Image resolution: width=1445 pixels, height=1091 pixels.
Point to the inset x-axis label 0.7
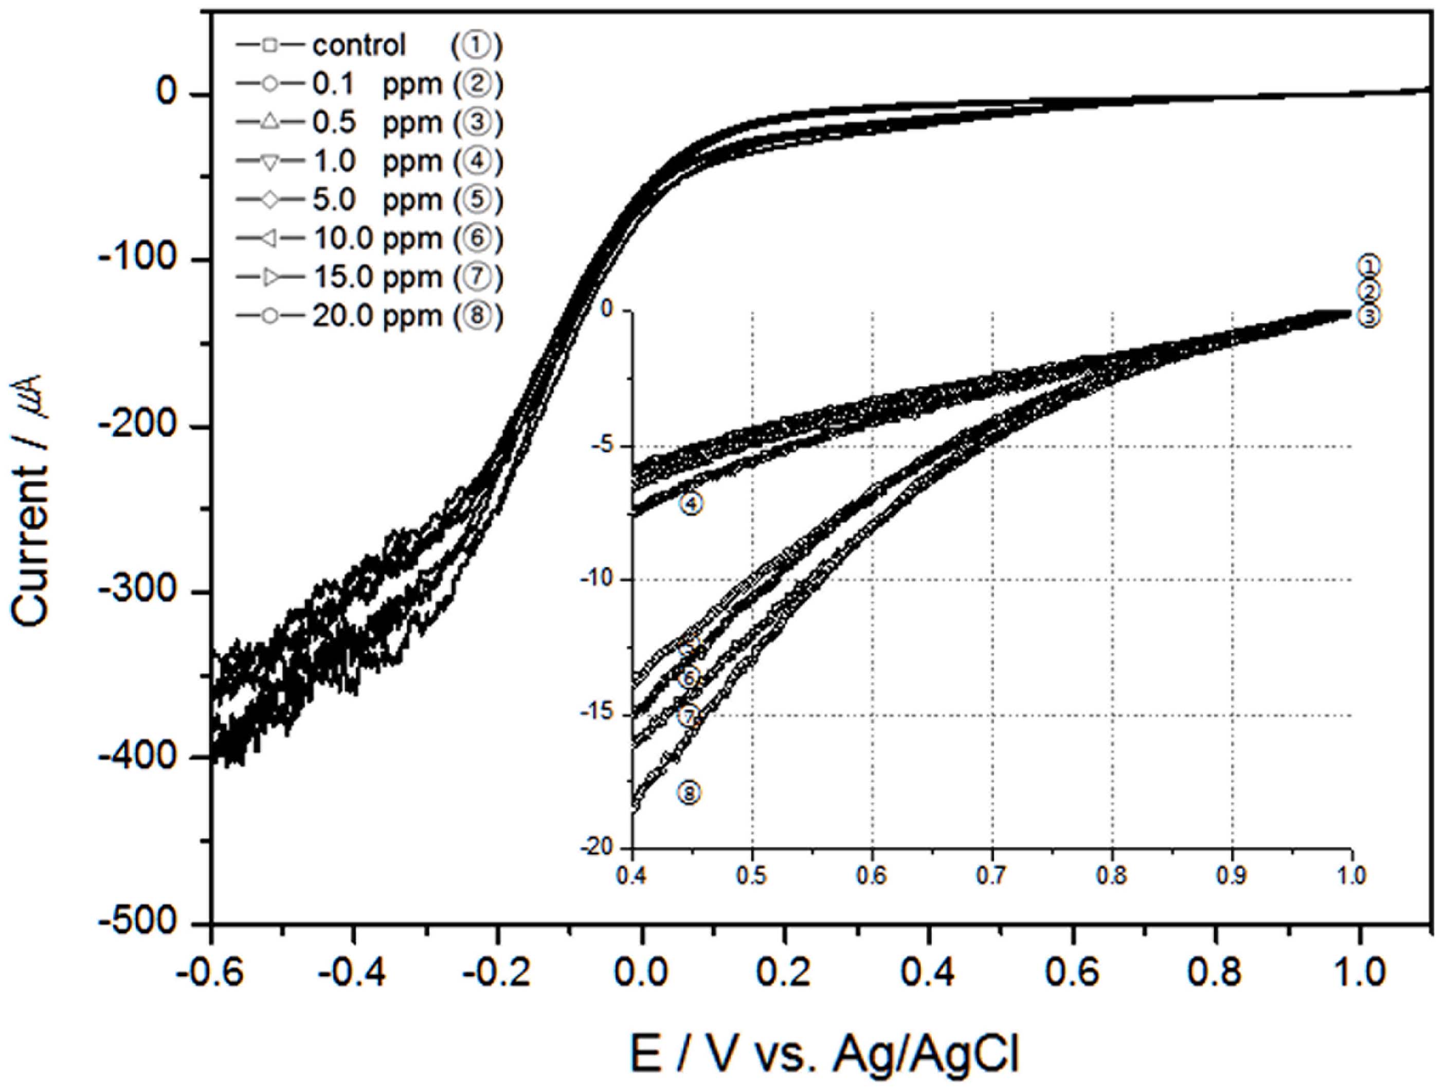[992, 875]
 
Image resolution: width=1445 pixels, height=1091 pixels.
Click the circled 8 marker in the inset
[690, 794]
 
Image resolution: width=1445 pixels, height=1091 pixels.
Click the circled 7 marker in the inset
[689, 716]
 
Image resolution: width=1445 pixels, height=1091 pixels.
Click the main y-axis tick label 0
[167, 94]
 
